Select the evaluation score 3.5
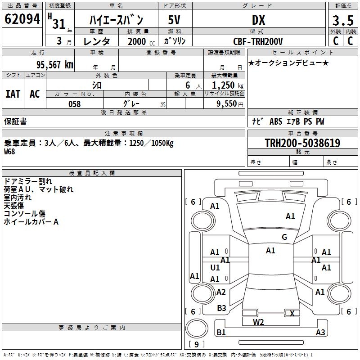tap(342, 21)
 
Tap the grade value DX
tap(258, 20)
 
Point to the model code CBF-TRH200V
tap(258, 41)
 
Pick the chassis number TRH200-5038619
tap(302, 143)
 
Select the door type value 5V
tap(175, 20)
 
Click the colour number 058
tap(74, 104)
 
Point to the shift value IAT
tap(13, 94)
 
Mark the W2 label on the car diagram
tap(258, 322)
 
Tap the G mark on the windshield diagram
tap(284, 237)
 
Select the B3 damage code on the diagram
tap(221, 308)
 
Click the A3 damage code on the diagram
tap(320, 333)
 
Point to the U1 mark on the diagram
tap(215, 268)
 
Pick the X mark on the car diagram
tap(292, 314)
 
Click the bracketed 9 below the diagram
tap(197, 345)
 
